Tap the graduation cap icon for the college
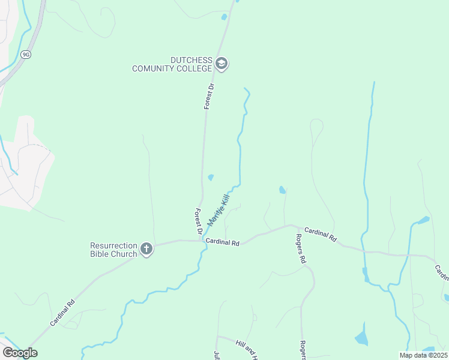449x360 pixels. coord(221,64)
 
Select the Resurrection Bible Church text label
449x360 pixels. coord(113,249)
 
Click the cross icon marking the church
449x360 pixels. coord(146,249)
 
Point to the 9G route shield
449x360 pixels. coord(25,54)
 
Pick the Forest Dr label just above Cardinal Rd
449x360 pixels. coord(199,221)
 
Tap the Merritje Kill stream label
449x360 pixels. coord(218,209)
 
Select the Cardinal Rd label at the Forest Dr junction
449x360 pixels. coord(222,243)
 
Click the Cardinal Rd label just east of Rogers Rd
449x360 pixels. coord(321,234)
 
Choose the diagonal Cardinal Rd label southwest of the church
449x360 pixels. coord(62,312)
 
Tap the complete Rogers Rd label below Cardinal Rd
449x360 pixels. coord(300,250)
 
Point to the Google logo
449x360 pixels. coord(20,353)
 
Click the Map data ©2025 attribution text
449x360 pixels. coord(423,355)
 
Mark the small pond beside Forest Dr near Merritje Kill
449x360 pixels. coord(211,177)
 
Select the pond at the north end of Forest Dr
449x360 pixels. coord(224,17)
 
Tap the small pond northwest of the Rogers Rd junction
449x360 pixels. coord(282,190)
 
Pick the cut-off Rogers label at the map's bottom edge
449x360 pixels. coord(303,351)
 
